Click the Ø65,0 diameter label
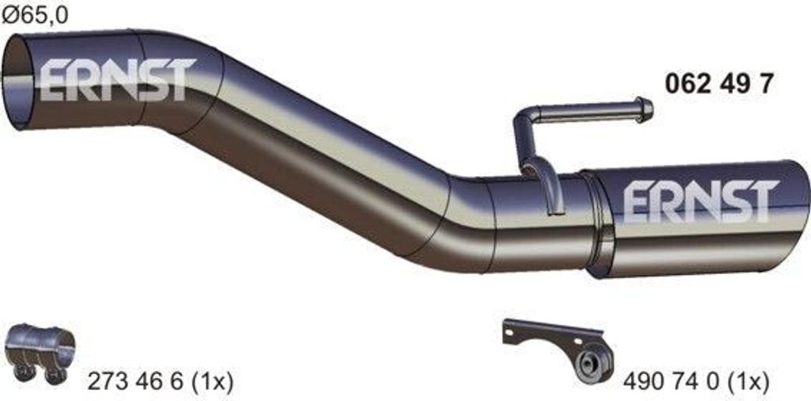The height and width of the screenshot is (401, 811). click(35, 16)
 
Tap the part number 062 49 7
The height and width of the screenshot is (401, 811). click(718, 84)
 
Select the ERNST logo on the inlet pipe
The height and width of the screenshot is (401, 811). click(117, 79)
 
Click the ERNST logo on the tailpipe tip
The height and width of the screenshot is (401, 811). click(701, 201)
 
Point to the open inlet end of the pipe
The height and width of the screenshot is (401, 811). click(17, 82)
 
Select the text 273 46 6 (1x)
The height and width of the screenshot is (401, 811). click(160, 382)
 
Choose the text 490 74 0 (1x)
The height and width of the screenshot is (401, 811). click(696, 382)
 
